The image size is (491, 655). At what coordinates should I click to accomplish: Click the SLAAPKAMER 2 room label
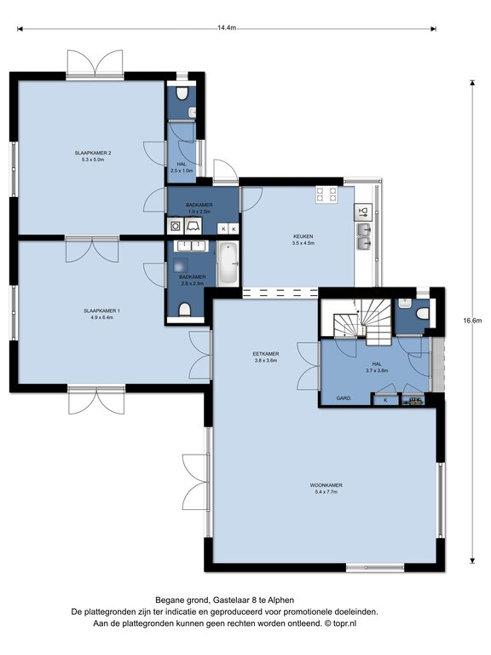pos(93,153)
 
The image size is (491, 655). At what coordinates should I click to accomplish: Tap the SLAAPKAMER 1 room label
pos(102,310)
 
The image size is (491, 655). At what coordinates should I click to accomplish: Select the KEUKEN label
pos(303,236)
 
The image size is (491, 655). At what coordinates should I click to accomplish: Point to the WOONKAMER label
pos(326,485)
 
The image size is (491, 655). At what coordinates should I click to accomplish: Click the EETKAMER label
pos(266,354)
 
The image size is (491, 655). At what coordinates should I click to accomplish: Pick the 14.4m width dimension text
pos(227,28)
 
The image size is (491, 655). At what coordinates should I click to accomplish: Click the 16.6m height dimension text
pos(472,321)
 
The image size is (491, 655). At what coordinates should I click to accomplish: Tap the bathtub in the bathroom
pos(228,264)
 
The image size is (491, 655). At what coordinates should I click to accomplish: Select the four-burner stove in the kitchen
pos(326,194)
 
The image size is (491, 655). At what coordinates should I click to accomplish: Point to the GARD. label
pos(344,398)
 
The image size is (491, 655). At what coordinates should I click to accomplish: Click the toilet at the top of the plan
pos(182,94)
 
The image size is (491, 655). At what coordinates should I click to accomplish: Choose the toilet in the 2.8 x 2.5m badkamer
pos(184,310)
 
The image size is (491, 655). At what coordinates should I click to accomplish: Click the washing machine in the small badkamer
pos(176,226)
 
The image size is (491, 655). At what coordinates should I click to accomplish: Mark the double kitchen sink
pos(364,236)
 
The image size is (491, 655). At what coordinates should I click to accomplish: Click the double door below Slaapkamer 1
pos(96,400)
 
